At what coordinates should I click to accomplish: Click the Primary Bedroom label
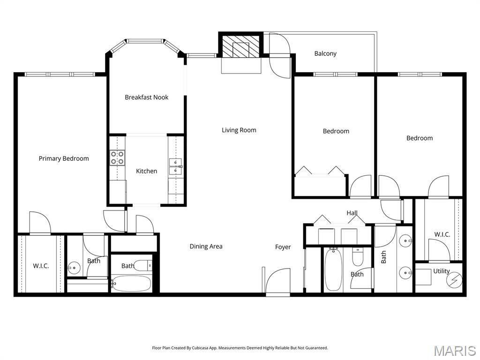coord(64,158)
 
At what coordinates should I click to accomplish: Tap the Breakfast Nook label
coord(146,97)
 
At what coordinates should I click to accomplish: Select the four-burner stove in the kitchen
coord(118,157)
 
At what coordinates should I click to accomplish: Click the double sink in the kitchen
coord(176,166)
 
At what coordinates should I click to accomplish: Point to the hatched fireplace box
coord(240,46)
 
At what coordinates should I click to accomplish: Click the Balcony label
coord(325,53)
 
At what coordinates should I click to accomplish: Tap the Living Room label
coord(239,130)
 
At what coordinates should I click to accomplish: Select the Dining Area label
coord(206,247)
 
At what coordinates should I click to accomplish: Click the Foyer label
coord(283,247)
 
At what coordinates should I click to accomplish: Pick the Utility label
coord(441,271)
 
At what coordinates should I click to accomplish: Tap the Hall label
coord(352,213)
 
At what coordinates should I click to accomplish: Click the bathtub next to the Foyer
coord(333,270)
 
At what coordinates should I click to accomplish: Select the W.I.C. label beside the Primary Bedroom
coord(41,266)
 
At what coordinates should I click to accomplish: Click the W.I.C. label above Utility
coord(442,234)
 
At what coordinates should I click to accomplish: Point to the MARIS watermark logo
coord(454,351)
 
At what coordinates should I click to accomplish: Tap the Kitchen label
coord(147,171)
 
